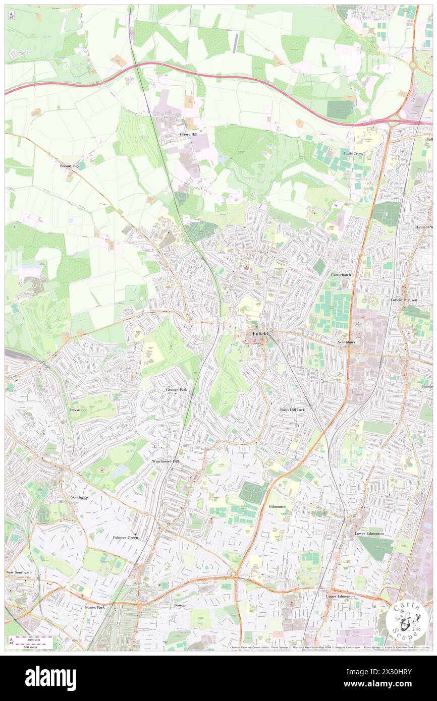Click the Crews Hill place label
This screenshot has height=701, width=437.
tap(188, 135)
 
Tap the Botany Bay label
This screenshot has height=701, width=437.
tap(69, 165)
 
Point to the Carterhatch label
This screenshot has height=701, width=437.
tap(341, 275)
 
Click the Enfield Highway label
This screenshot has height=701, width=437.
tap(404, 300)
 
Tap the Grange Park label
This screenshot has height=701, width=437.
tap(177, 390)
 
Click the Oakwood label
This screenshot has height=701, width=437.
tap(78, 410)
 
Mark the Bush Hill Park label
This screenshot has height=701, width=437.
tap(293, 410)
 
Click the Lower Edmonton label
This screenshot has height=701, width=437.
tap(369, 533)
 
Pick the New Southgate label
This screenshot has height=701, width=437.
tap(18, 573)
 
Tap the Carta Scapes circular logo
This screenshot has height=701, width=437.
tap(406, 621)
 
